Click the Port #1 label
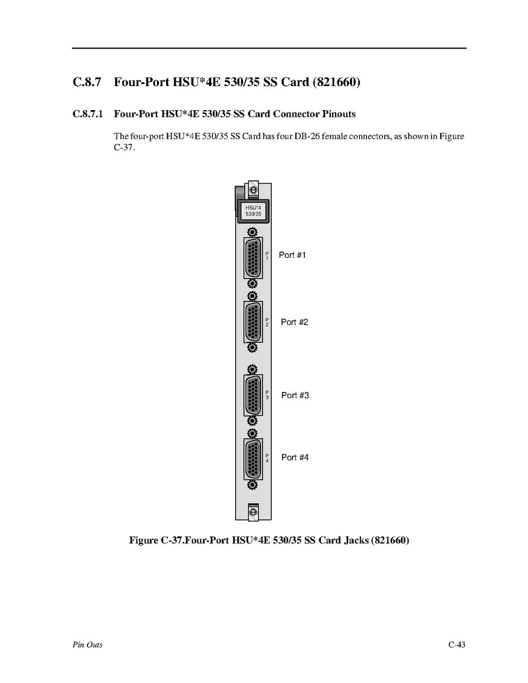pyautogui.click(x=292, y=255)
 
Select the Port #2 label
pyautogui.click(x=294, y=322)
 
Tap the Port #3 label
pyautogui.click(x=295, y=395)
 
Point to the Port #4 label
pyautogui.click(x=295, y=457)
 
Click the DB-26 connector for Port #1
pyautogui.click(x=252, y=258)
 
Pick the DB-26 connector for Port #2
pyautogui.click(x=252, y=322)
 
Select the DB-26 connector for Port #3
pyautogui.click(x=252, y=395)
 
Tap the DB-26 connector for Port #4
pyautogui.click(x=252, y=458)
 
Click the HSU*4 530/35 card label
pyautogui.click(x=253, y=210)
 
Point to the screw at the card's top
pyautogui.click(x=253, y=189)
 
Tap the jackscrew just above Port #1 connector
pyautogui.click(x=252, y=232)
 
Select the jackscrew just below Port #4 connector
pyautogui.click(x=252, y=484)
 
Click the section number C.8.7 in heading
pyautogui.click(x=87, y=82)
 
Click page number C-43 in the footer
pyautogui.click(x=457, y=645)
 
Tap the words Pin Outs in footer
pyautogui.click(x=87, y=645)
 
